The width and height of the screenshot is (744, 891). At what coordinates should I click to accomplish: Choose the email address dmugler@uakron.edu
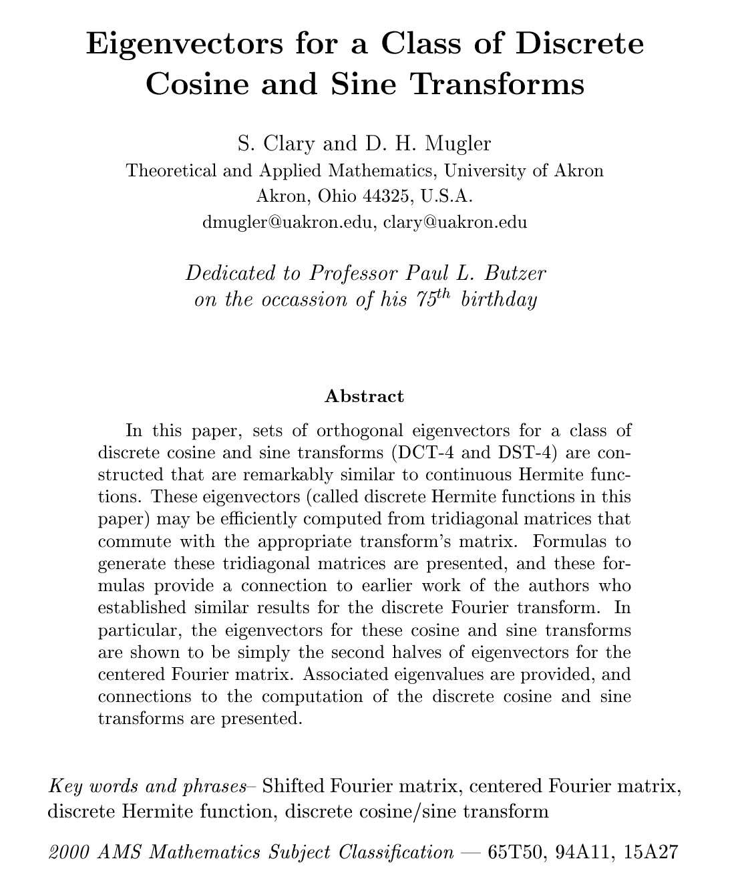coord(287,222)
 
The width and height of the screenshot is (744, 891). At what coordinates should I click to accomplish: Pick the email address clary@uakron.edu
coord(455,222)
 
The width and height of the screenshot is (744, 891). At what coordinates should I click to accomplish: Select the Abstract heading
coord(364,396)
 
